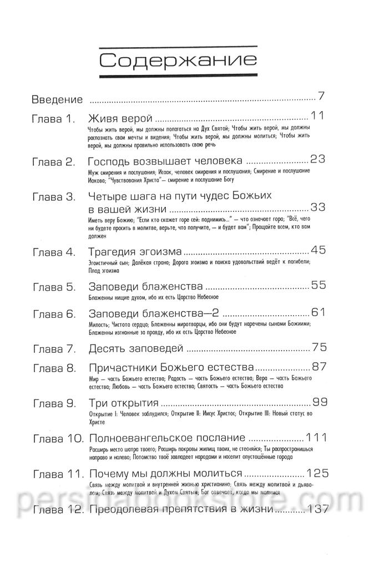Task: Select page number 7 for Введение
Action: (x=321, y=96)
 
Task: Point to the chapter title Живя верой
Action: (x=120, y=119)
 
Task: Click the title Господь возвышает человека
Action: (x=165, y=161)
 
